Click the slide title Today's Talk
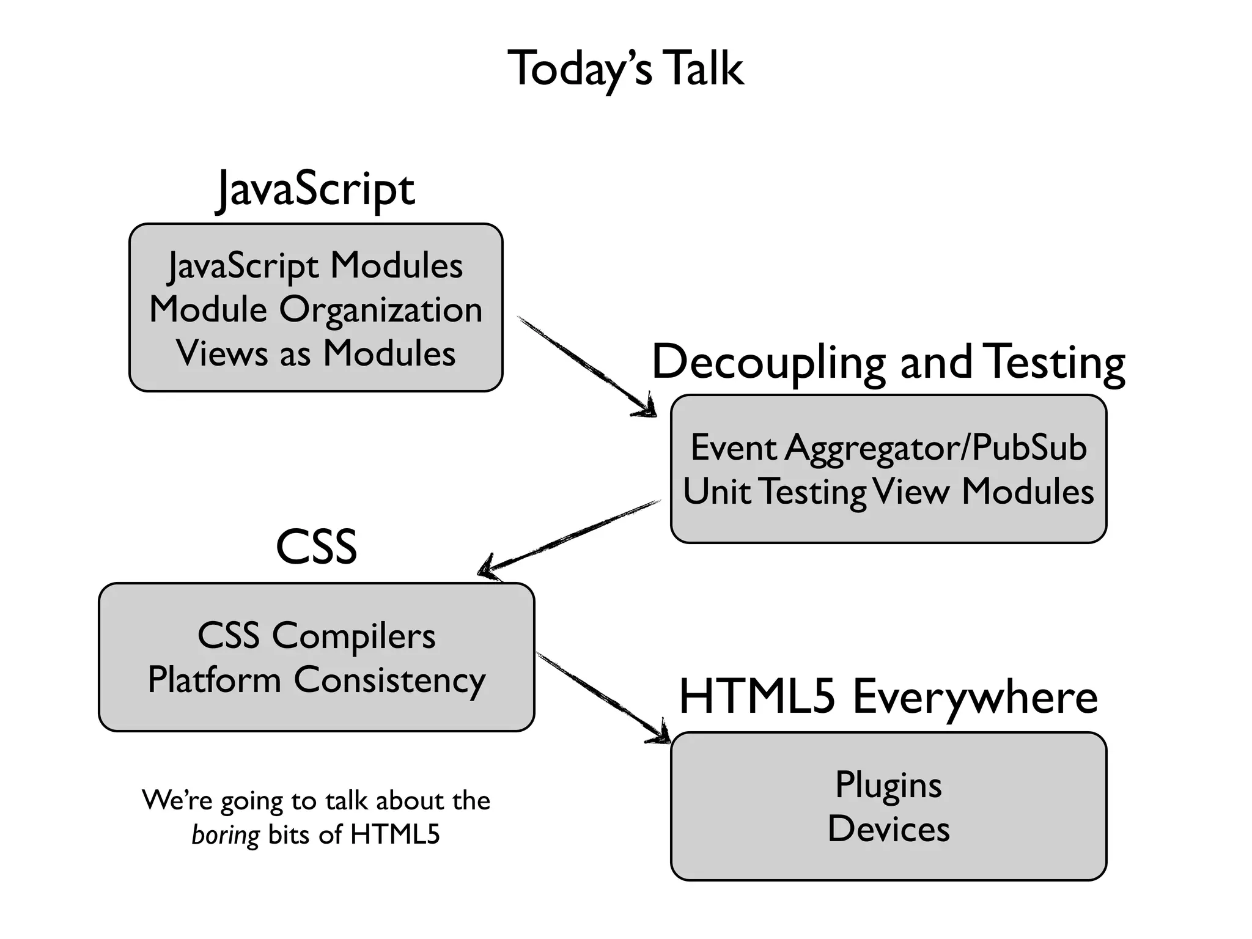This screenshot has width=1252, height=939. [x=625, y=68]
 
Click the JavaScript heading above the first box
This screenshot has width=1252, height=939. [x=316, y=189]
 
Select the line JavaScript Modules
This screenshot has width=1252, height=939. [x=315, y=266]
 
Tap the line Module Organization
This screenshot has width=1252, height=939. [x=315, y=309]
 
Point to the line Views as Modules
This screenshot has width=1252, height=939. [x=315, y=353]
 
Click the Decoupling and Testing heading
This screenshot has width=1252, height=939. [x=888, y=362]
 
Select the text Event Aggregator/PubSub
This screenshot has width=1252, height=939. [x=888, y=447]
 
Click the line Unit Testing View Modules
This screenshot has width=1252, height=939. [x=888, y=492]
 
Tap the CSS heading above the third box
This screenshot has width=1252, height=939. [x=316, y=547]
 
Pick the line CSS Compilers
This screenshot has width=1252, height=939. [x=316, y=636]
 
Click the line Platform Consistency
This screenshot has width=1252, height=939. [x=316, y=680]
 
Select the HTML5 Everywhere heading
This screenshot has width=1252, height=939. [x=888, y=697]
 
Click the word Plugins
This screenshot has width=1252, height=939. [x=888, y=785]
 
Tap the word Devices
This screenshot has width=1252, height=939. [x=888, y=829]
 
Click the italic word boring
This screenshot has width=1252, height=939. [x=226, y=835]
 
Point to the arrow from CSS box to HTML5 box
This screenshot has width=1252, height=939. [x=602, y=697]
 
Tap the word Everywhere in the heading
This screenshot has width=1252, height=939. [x=975, y=697]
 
